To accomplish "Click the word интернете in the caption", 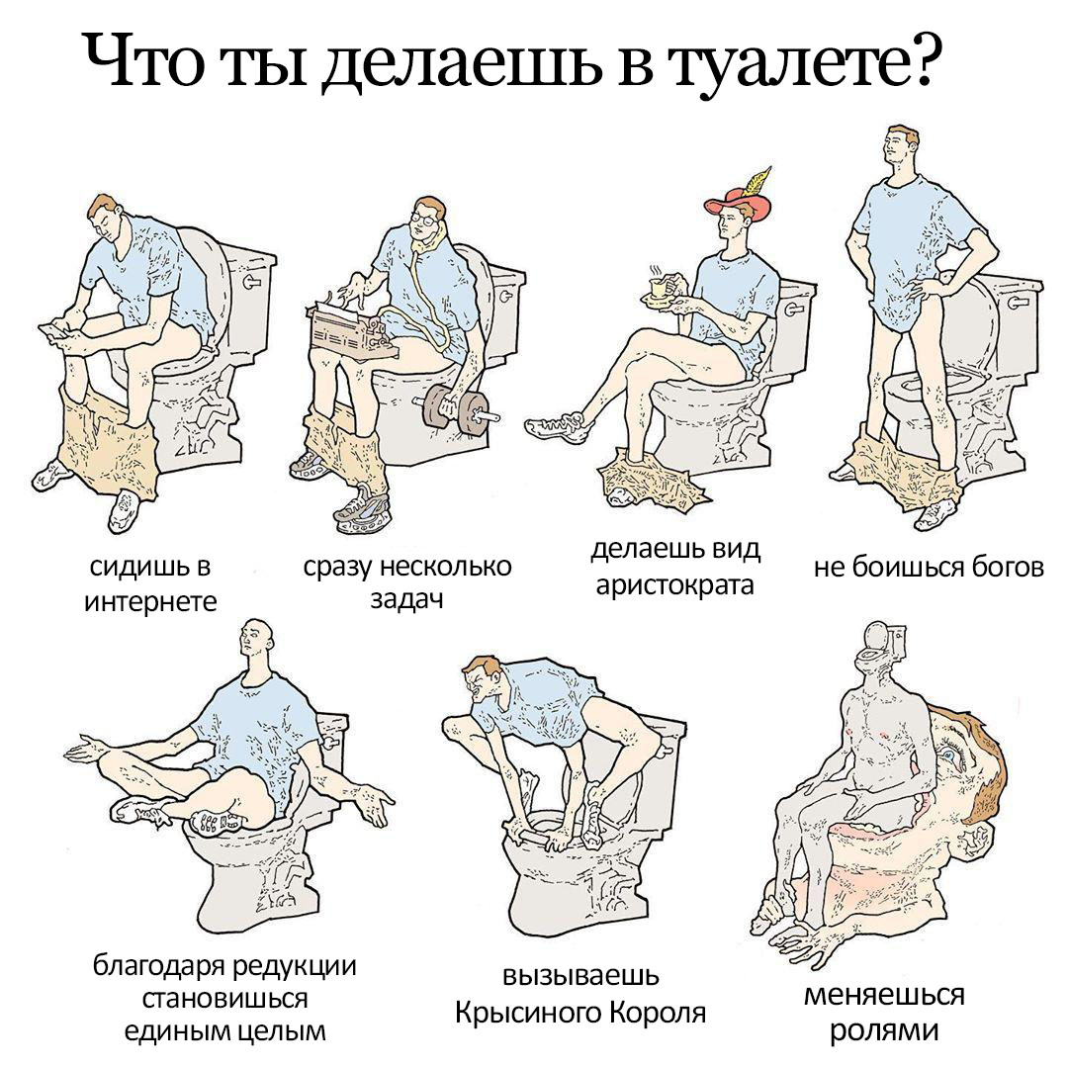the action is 150,601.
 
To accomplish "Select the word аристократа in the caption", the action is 675,585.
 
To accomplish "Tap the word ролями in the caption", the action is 884,1029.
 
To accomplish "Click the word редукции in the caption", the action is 292,966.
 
